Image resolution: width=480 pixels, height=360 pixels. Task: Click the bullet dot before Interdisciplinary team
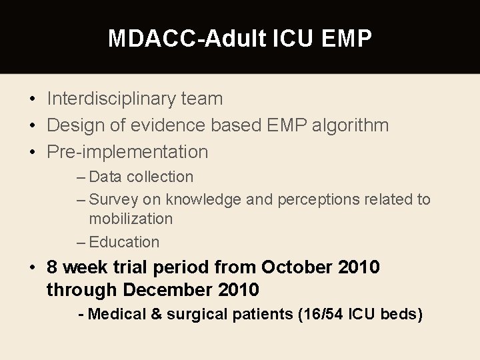(32, 99)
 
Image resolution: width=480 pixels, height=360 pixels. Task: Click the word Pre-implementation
(127, 152)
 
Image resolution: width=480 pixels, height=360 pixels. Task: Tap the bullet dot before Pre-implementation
(32, 153)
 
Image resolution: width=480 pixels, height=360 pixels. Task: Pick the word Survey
(111, 199)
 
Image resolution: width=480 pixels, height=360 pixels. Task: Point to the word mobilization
(131, 219)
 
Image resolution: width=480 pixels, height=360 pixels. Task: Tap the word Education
(124, 242)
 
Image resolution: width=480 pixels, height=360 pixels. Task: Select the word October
(297, 267)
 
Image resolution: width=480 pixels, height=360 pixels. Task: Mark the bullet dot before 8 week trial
(32, 268)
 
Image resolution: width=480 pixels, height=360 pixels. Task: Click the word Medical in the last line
(113, 314)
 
